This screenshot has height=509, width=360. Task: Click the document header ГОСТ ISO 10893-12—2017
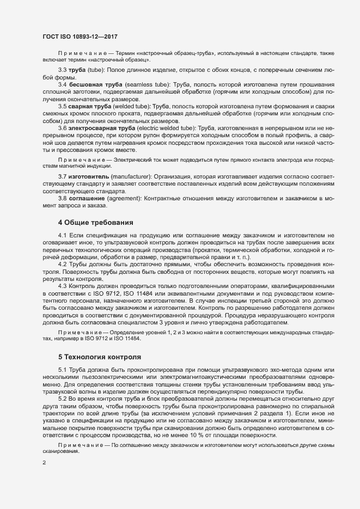(x=80, y=36)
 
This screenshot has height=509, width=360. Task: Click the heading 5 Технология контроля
(x=99, y=357)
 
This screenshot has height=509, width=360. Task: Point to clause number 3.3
(x=62, y=70)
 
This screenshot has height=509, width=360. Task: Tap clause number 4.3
(x=62, y=285)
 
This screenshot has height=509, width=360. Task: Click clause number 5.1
(x=62, y=371)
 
